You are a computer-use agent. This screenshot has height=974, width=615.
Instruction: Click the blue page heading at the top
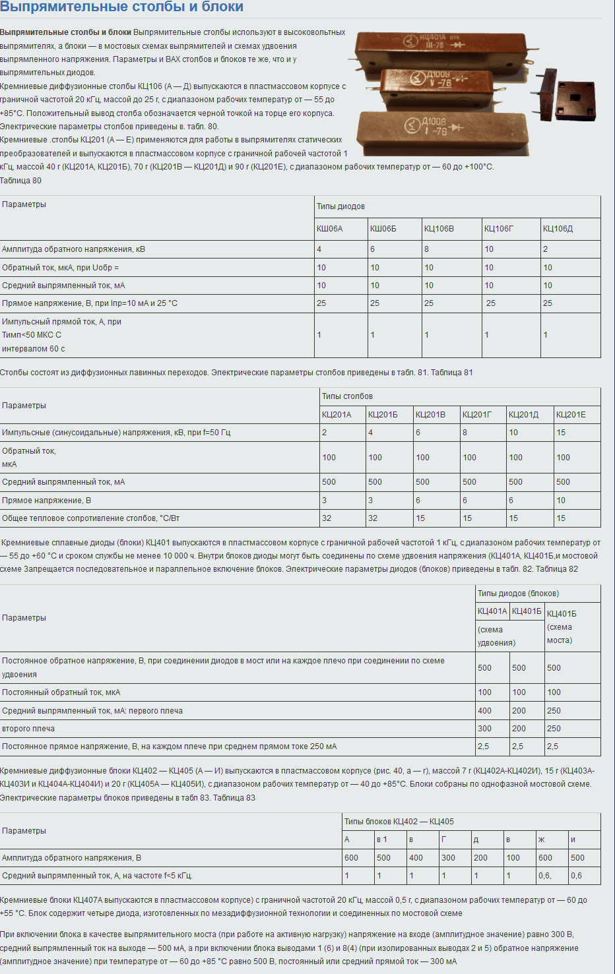click(x=121, y=7)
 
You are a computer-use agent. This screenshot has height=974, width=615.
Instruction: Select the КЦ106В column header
click(x=439, y=229)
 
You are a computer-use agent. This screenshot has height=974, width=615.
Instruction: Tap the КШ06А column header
click(x=330, y=229)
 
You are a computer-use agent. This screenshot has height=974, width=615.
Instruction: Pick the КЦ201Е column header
click(x=571, y=415)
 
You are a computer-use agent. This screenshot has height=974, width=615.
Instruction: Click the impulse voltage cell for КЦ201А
click(x=325, y=433)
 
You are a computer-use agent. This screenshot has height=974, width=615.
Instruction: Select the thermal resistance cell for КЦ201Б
click(x=373, y=518)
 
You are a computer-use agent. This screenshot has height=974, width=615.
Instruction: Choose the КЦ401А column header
click(x=492, y=611)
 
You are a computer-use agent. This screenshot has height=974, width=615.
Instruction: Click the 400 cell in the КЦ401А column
click(x=485, y=711)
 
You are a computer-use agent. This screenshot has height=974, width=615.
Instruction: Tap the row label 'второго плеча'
click(x=28, y=729)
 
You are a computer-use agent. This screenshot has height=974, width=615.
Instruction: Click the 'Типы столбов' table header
click(x=347, y=396)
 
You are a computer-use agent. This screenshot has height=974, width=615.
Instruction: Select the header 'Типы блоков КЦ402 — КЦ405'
click(x=399, y=822)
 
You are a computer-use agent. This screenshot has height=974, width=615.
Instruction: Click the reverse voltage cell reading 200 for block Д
click(x=480, y=858)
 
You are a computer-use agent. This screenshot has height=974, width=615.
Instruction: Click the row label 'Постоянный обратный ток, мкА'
click(x=61, y=692)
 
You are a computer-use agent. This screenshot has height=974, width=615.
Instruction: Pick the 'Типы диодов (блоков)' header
click(x=518, y=594)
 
